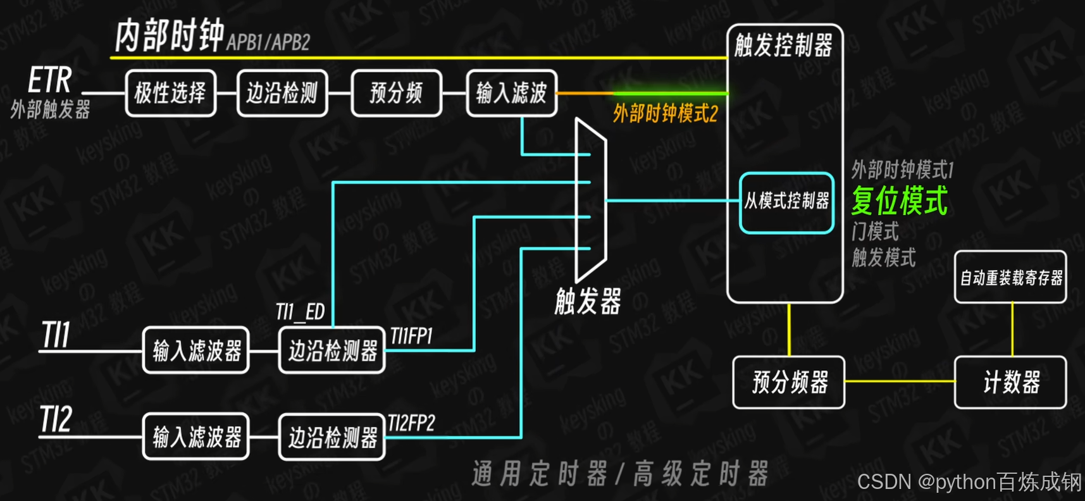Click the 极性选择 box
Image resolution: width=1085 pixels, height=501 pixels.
170,94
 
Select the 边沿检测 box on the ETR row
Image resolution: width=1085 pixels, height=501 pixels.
282,94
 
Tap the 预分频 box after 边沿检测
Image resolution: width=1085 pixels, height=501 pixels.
396,94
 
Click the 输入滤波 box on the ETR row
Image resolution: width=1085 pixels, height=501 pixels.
511,94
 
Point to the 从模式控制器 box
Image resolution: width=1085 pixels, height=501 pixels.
786,202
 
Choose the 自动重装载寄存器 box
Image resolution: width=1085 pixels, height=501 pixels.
1010,278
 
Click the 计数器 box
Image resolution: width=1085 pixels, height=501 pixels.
1010,382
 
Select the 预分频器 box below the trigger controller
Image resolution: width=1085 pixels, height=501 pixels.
789,382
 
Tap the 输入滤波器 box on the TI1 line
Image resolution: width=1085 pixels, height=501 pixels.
196,350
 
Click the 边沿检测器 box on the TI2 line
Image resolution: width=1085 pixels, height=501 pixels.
332,437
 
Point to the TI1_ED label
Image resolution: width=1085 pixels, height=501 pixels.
300,312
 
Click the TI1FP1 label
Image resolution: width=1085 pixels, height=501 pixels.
411,337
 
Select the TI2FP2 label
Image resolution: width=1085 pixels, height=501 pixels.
411,423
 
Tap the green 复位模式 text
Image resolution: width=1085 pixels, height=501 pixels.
899,201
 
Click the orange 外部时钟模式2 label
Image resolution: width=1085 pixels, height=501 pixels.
665,114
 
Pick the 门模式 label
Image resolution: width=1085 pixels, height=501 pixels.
875,232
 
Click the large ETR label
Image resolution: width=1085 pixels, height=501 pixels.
50,80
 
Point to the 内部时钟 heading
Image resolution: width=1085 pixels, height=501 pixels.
169,35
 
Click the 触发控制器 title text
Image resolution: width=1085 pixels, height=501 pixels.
783,46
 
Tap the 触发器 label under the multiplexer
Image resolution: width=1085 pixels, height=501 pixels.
588,301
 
